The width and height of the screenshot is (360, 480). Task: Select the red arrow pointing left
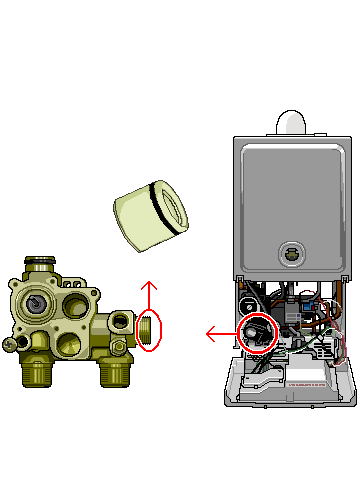point(220,333)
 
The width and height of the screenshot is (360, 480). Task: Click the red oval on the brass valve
point(148,331)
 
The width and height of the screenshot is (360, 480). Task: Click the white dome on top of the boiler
point(289,122)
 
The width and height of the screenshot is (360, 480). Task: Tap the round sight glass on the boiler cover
point(291,252)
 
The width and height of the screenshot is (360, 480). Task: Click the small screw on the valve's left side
point(10,344)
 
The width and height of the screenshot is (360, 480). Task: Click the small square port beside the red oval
point(121,321)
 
